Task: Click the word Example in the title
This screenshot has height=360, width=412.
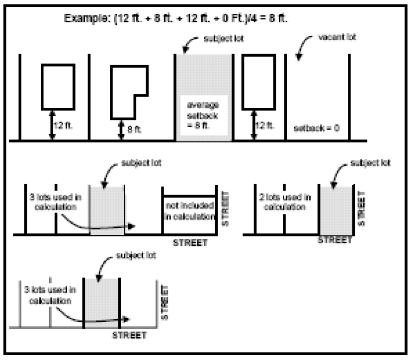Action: (85, 18)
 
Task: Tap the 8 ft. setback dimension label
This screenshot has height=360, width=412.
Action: (134, 129)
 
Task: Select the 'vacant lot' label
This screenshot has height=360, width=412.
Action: (337, 37)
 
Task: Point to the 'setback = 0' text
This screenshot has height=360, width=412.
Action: (317, 128)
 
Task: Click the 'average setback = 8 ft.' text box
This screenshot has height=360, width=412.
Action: (203, 115)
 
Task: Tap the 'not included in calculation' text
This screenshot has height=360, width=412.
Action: (189, 211)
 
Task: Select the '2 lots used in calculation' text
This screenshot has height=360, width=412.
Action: (285, 202)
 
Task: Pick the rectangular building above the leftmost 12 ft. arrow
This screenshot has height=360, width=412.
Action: (58, 87)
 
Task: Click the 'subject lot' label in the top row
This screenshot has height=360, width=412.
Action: (224, 38)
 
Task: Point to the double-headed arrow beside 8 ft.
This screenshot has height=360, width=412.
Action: (121, 130)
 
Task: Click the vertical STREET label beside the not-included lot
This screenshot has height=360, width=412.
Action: (226, 209)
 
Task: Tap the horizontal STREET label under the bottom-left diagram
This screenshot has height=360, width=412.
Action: (129, 335)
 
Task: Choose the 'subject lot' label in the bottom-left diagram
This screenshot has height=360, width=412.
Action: (136, 255)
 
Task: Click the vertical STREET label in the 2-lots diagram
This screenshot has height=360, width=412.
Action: (361, 209)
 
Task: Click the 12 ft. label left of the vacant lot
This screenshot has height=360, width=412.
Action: (264, 125)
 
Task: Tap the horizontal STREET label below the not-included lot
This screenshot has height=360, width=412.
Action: (190, 243)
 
